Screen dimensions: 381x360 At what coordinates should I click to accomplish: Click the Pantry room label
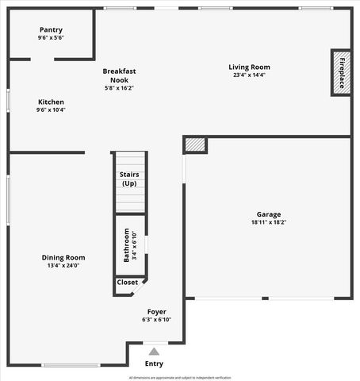pos(51,29)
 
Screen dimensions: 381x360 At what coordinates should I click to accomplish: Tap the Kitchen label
pos(51,102)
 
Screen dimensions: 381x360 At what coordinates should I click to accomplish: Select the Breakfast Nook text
pos(119,75)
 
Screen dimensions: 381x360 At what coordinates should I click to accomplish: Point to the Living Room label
pos(250,67)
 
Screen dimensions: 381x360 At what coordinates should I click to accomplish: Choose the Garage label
pos(269,214)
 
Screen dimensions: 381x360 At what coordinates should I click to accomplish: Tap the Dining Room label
pos(63,257)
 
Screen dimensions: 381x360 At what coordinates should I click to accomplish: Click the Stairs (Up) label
pos(129,179)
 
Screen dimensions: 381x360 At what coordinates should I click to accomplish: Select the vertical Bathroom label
pos(126,245)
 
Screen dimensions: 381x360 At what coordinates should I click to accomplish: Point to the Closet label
pos(127,283)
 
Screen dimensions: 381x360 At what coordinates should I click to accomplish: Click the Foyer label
pos(156,312)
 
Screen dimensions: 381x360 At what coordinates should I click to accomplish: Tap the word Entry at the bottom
pos(154,364)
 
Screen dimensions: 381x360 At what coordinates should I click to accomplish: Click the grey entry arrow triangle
pos(154,351)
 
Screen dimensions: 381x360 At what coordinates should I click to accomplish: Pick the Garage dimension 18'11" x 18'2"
pos(269,223)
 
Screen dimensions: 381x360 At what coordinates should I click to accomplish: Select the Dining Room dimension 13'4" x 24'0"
pos(63,266)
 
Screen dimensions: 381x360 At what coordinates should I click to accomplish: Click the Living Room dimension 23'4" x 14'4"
pos(250,75)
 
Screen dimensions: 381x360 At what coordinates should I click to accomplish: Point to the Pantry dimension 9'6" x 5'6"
pos(51,38)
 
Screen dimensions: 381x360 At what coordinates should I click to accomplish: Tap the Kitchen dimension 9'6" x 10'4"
pos(51,110)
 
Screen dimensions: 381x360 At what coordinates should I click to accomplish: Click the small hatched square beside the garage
pos(195,145)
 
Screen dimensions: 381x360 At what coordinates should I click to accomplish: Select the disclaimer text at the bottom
pos(180,377)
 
